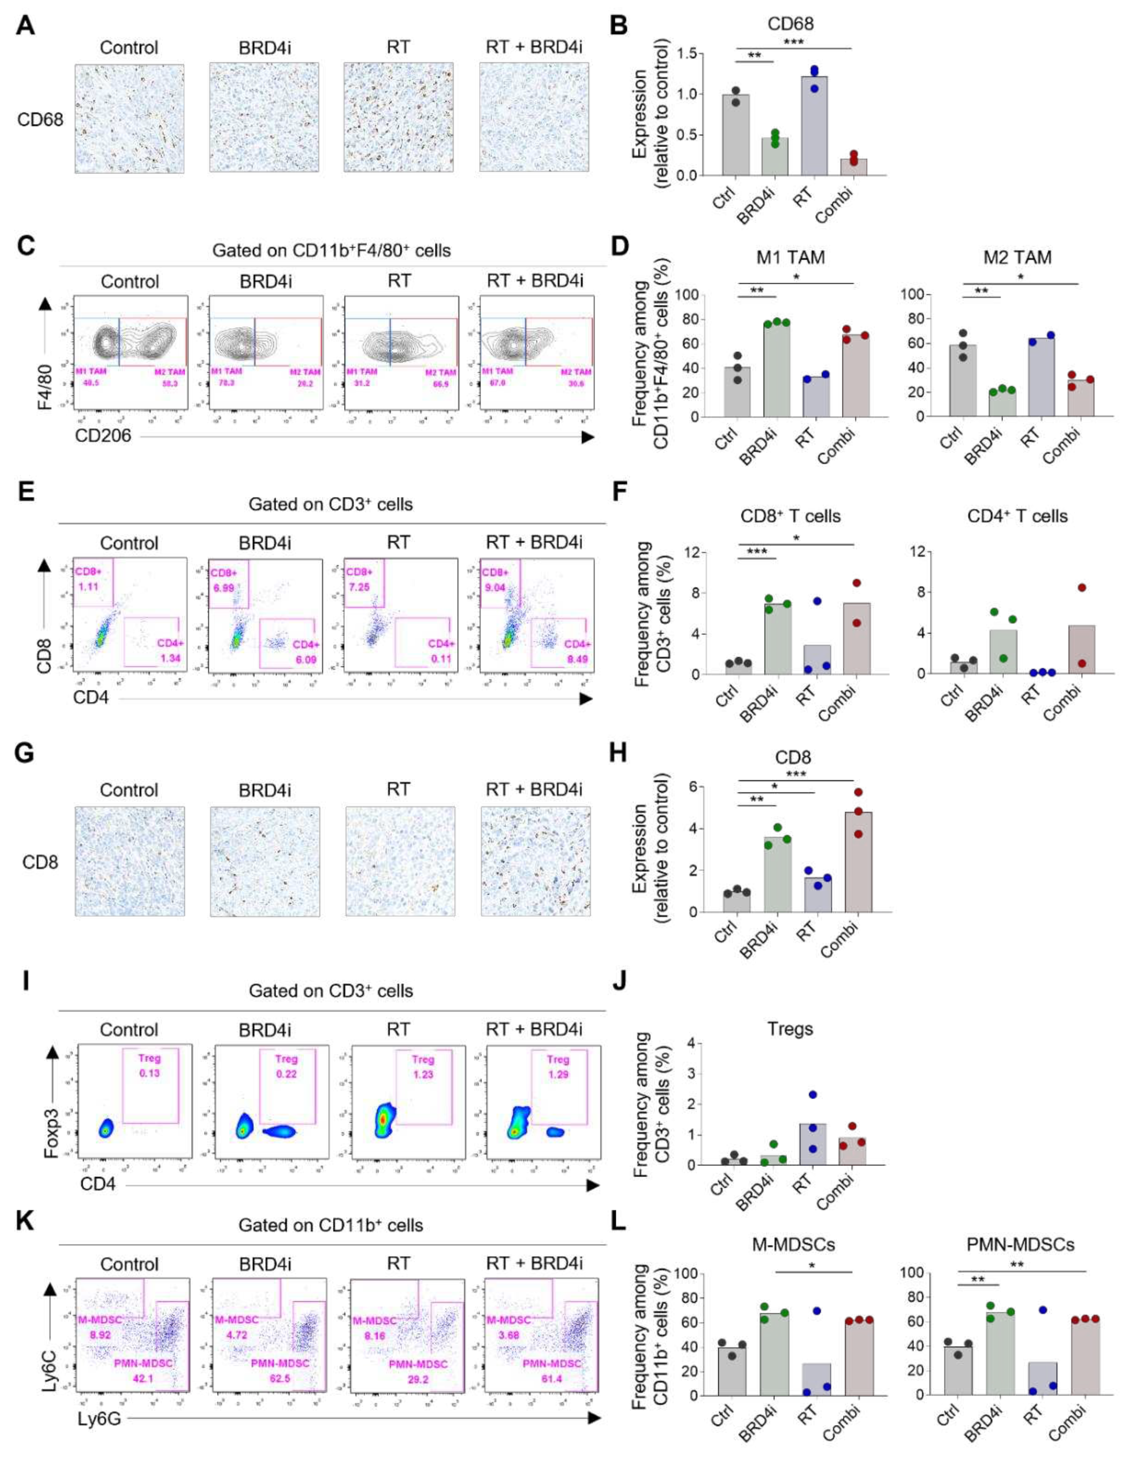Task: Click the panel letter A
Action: coord(26,26)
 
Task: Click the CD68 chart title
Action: coord(790,24)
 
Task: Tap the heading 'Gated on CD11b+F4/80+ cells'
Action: coord(332,251)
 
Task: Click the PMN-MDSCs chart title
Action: coord(1020,1245)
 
